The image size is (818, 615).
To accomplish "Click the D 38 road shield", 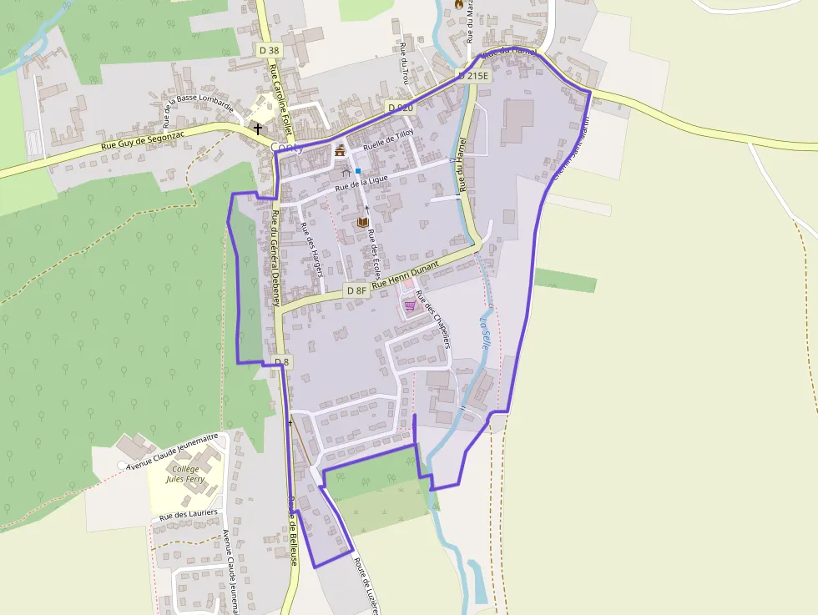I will tap(270, 50).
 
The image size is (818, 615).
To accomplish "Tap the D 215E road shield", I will tap(472, 76).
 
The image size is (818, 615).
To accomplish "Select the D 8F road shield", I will tap(356, 290).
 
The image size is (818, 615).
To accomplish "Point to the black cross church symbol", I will tap(258, 129).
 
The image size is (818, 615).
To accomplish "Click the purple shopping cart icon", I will tap(410, 305).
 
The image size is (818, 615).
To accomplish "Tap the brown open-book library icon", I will tap(362, 222).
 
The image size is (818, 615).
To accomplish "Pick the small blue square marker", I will tap(358, 171).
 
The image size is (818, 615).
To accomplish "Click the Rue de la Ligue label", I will tap(363, 184).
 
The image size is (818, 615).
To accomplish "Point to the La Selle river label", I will tap(485, 330).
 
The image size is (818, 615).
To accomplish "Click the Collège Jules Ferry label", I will tap(185, 474).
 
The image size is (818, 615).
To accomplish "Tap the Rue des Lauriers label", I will tap(188, 515).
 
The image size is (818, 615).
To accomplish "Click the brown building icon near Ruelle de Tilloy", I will tap(340, 151).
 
